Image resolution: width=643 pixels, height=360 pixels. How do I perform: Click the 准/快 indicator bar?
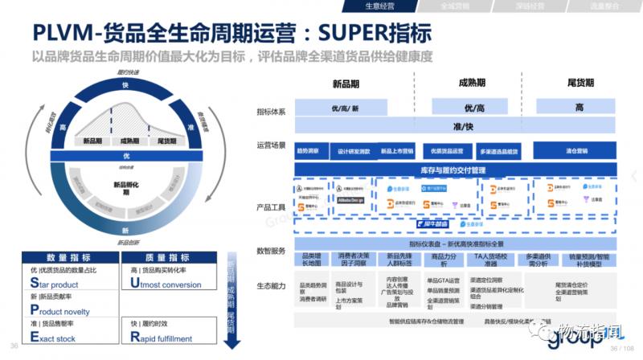(x=462, y=127)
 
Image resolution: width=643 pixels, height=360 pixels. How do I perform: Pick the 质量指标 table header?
(x=166, y=257)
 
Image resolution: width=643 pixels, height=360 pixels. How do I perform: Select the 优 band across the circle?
(x=126, y=155)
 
